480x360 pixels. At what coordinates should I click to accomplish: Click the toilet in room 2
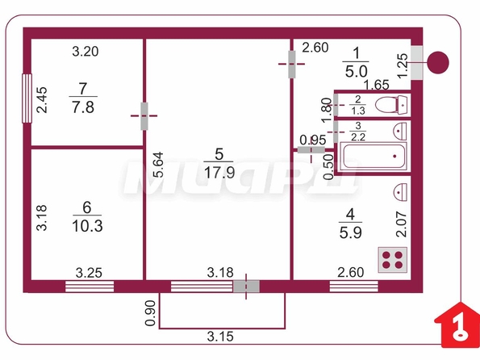tap(391, 105)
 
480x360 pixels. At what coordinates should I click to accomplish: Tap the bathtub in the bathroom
tap(374, 157)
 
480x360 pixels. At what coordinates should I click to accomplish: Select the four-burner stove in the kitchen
tap(393, 260)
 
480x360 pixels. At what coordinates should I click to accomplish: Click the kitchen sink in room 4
tap(400, 192)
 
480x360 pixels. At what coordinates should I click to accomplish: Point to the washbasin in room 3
tap(400, 131)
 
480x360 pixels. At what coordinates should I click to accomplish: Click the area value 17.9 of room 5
tap(219, 173)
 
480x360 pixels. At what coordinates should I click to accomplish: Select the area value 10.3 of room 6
tap(87, 226)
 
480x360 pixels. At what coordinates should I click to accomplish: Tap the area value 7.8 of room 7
tap(83, 107)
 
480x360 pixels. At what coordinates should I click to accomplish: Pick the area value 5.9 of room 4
tap(350, 232)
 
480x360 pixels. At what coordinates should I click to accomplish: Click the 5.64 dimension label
tap(159, 165)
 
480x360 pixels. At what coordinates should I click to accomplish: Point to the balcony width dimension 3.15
tap(220, 337)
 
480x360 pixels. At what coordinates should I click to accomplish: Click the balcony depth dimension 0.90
tap(150, 313)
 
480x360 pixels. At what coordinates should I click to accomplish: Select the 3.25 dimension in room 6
tap(89, 273)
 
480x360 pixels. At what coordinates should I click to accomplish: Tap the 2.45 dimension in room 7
tap(42, 100)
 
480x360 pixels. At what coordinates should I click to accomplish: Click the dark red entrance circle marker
tap(438, 62)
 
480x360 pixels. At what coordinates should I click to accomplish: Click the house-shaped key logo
tap(458, 325)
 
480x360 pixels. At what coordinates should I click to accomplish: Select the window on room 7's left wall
tap(27, 98)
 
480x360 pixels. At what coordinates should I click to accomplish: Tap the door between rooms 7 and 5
tap(144, 115)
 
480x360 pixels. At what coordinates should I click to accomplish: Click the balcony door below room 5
tap(246, 287)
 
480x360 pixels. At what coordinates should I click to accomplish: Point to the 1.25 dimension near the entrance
tap(403, 65)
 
